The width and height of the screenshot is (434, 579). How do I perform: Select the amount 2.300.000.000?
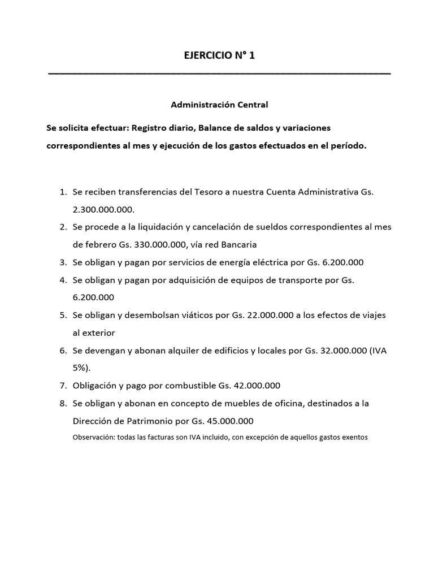click(x=103, y=209)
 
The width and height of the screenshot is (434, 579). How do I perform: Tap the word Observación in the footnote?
click(x=94, y=437)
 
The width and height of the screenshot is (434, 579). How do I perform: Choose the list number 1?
click(x=63, y=192)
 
